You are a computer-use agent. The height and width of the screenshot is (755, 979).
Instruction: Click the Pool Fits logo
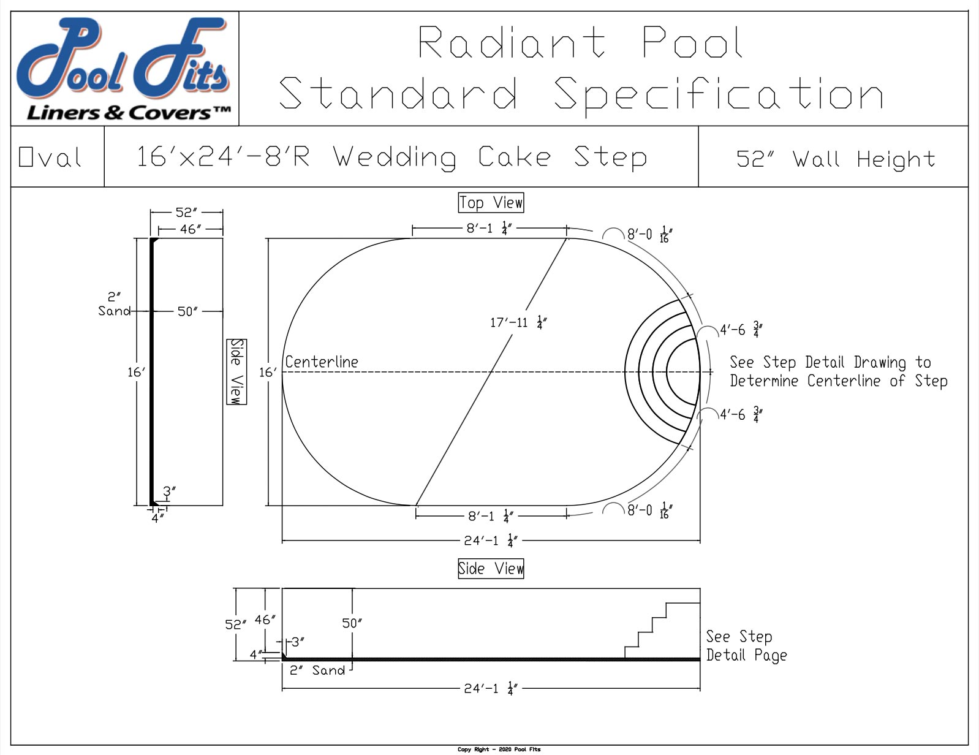(x=124, y=69)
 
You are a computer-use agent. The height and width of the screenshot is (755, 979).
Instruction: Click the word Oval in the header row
(x=50, y=157)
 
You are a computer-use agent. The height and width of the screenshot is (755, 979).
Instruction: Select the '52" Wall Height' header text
(x=836, y=159)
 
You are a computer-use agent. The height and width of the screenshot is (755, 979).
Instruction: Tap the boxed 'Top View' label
(x=491, y=202)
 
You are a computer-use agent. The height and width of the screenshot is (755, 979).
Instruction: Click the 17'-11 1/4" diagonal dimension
(x=518, y=322)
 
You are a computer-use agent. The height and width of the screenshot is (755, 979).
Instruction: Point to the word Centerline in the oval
(x=322, y=362)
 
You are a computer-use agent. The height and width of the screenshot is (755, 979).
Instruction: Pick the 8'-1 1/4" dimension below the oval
(x=490, y=516)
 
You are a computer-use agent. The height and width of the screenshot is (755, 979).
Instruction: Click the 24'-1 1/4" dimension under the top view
(x=491, y=541)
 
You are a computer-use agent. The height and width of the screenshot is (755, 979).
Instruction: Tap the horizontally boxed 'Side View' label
(x=491, y=568)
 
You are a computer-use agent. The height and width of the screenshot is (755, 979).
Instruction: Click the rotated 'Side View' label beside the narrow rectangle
(x=236, y=371)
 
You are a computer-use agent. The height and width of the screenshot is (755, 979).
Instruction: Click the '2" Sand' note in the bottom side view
(x=317, y=670)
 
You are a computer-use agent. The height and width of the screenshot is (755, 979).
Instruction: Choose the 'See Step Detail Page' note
(x=746, y=645)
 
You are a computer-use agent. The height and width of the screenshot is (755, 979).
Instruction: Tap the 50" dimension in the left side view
(x=187, y=311)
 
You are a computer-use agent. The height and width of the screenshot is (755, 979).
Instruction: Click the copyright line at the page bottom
(x=499, y=749)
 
